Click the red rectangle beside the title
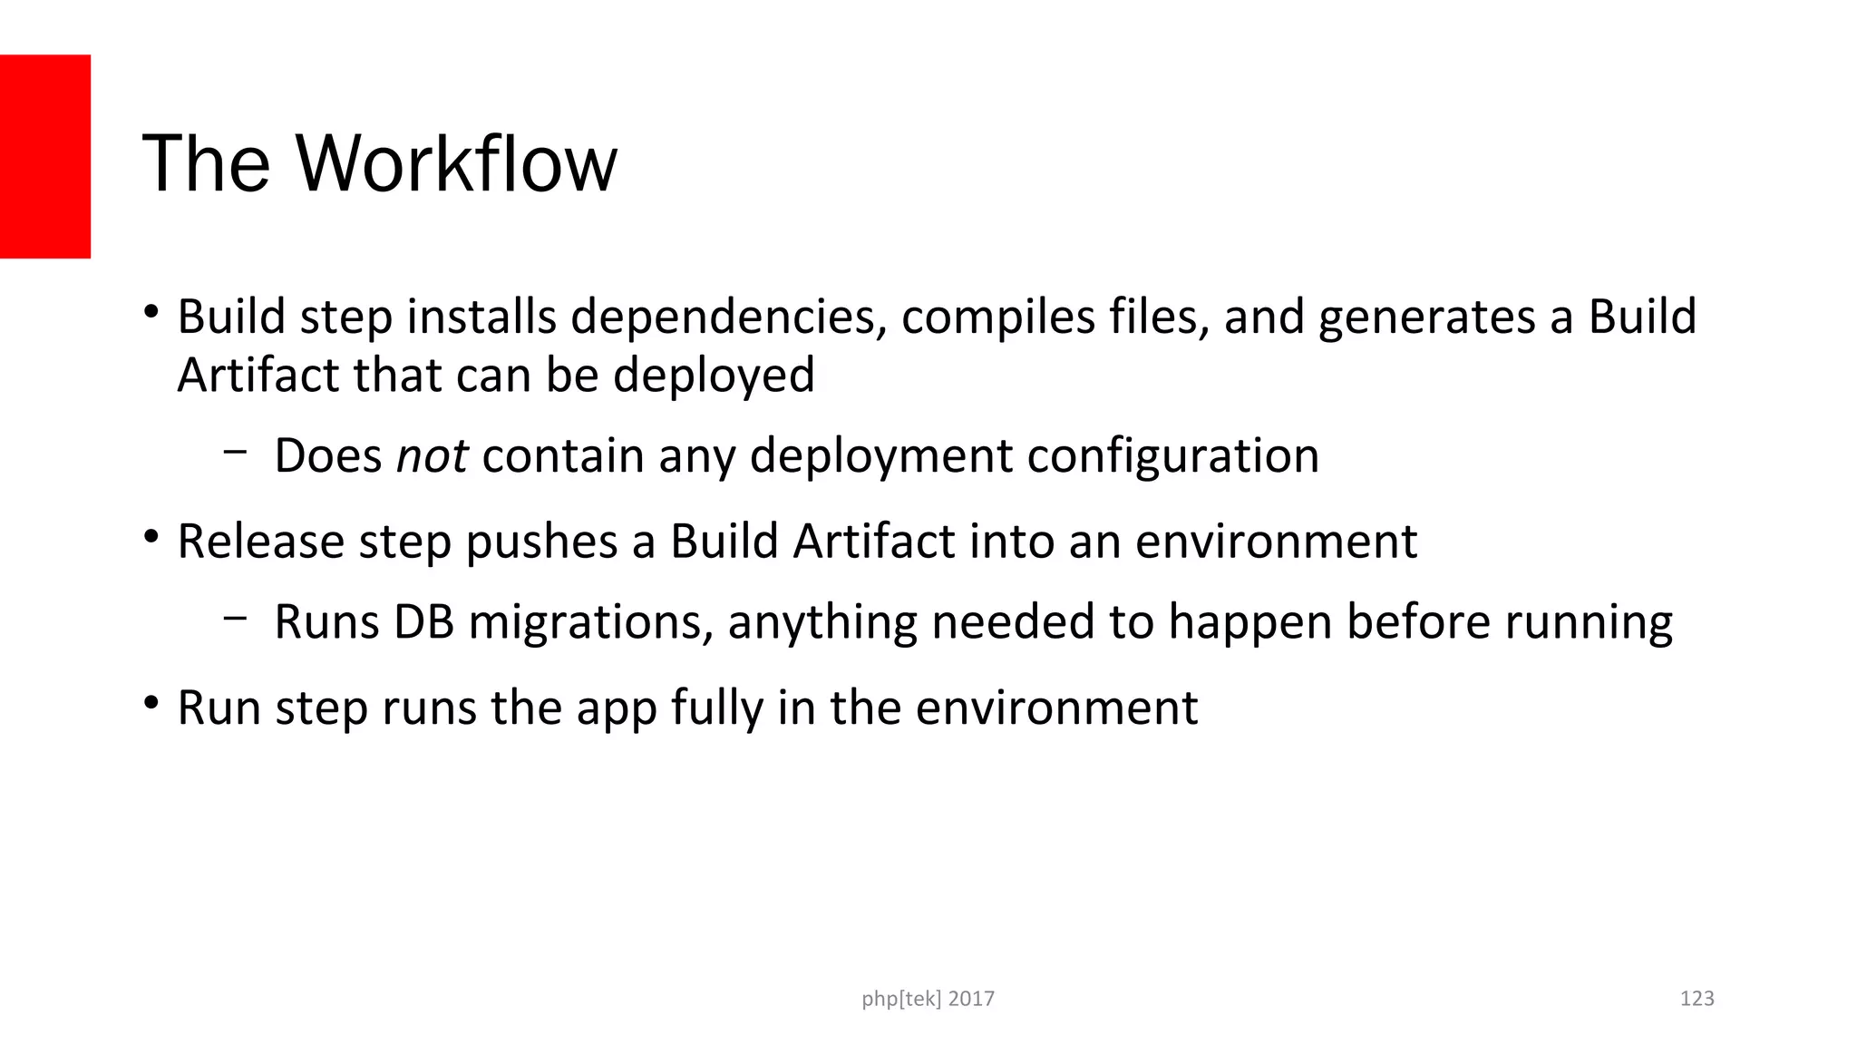(45, 156)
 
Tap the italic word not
(432, 455)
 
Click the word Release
(260, 542)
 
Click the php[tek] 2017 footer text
(928, 999)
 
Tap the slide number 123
(1697, 999)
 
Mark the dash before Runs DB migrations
(235, 618)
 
